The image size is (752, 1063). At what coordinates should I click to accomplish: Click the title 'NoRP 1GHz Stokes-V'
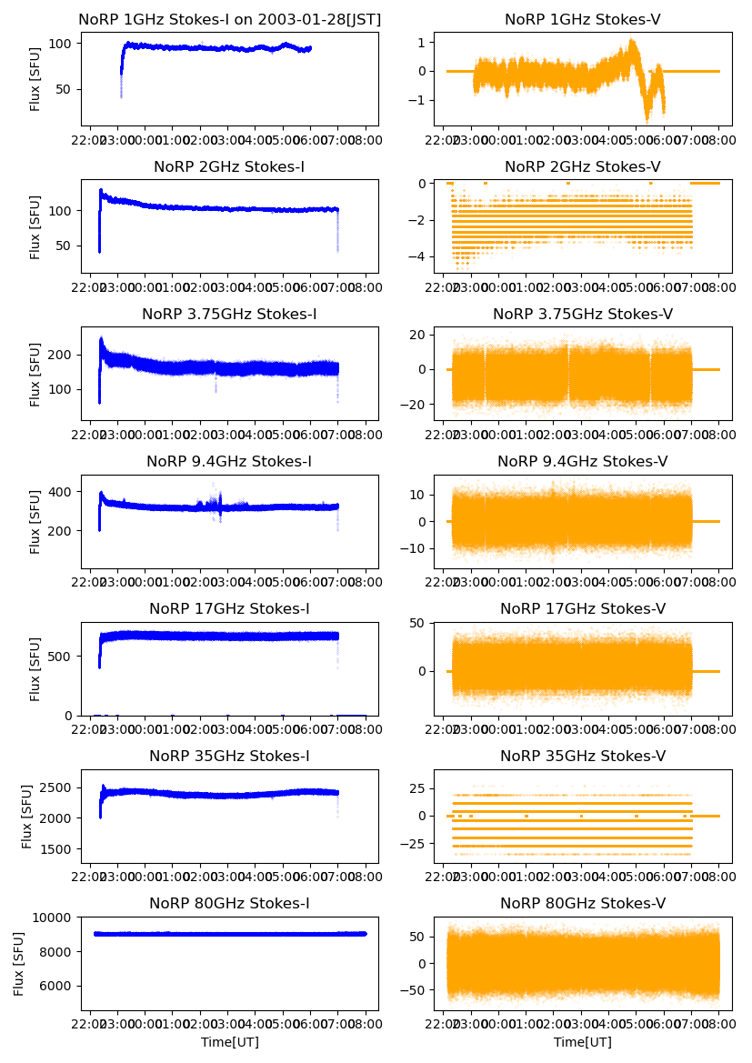[x=582, y=20]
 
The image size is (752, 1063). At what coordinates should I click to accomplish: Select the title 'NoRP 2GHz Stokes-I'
[x=229, y=167]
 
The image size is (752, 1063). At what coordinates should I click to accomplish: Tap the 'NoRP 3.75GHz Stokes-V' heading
[x=582, y=315]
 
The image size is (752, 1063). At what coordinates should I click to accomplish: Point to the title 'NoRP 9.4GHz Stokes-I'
[x=229, y=462]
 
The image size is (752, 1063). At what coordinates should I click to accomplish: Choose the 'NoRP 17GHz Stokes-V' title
[x=582, y=609]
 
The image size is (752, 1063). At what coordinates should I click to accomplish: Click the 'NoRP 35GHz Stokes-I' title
[x=229, y=757]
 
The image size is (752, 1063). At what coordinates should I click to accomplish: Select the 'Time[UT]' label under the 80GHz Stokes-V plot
[x=582, y=1042]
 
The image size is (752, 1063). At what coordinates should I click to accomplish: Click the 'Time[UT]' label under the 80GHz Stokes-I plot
[x=229, y=1042]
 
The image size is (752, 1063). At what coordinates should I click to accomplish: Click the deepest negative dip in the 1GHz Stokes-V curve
[x=647, y=119]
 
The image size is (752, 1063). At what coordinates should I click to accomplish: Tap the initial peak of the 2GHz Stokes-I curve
[x=101, y=190]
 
